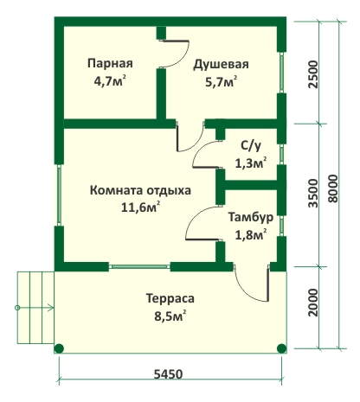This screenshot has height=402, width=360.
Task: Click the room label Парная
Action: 110,64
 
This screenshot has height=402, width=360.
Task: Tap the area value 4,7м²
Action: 110,81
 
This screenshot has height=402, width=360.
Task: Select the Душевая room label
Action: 221,65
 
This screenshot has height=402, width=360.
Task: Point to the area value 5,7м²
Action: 222,82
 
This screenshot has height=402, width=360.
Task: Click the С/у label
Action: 251,146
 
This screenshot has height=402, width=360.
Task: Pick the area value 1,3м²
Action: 250,163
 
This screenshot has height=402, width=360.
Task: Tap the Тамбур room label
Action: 251,218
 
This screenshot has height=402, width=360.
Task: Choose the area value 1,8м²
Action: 250,234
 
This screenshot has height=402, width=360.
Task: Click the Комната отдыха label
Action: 140,191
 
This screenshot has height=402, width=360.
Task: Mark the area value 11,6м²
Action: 140,207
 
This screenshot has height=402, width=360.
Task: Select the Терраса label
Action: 170,298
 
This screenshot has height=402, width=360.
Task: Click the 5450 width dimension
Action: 168,374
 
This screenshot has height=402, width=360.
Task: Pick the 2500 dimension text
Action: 312,74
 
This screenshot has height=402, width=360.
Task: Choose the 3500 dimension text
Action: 312,193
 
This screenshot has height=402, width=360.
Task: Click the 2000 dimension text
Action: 312,303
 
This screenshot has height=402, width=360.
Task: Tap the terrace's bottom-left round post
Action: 59,348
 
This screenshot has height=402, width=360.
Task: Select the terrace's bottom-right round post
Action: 281,348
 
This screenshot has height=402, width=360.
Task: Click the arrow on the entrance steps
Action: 35,308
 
